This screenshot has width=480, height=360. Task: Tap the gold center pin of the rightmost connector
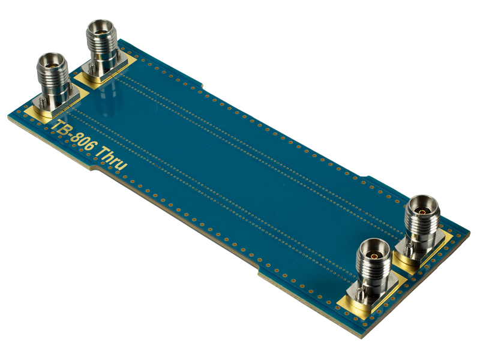(422, 212)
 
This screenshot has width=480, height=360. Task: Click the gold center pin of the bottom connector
(374, 255)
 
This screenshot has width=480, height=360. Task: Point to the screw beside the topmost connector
(91, 68)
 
